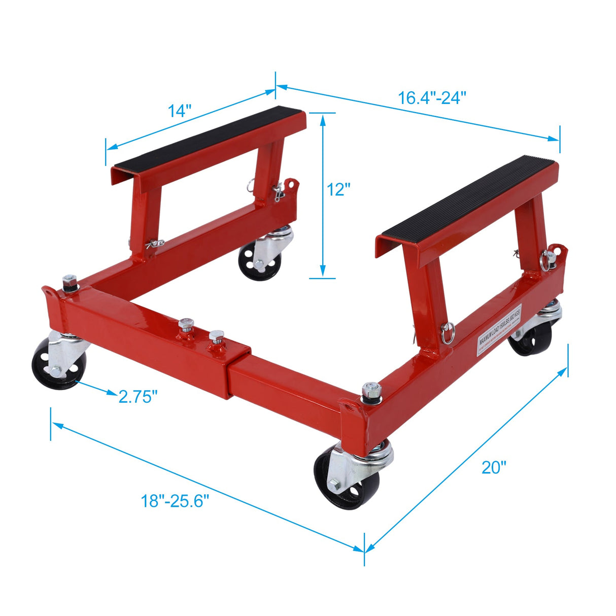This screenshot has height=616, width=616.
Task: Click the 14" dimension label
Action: [x=180, y=111]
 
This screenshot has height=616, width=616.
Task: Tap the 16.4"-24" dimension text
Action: [x=432, y=96]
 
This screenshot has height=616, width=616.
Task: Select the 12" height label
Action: [x=338, y=189]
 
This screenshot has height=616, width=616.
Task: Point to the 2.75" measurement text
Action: [x=136, y=396]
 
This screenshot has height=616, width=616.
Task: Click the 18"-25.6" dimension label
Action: [x=175, y=501]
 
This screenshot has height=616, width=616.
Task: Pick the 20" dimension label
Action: [x=494, y=467]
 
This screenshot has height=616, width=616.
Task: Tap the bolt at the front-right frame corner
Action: [x=372, y=391]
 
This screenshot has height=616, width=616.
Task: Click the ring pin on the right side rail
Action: [x=448, y=333]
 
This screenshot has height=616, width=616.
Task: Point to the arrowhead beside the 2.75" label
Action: [x=111, y=392]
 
